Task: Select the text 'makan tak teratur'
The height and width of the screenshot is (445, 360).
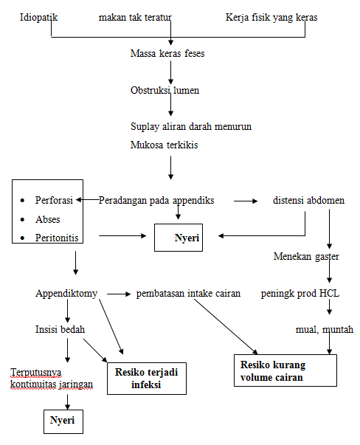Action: [132, 16]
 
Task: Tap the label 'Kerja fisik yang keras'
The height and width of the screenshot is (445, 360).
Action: [271, 16]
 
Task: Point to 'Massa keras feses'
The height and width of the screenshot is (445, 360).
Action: [167, 54]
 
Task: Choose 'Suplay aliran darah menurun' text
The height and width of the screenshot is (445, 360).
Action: [190, 126]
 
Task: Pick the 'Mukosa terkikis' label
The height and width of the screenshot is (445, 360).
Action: [163, 145]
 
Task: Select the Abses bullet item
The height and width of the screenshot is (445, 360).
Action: [48, 219]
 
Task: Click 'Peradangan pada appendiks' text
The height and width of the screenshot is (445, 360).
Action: [156, 200]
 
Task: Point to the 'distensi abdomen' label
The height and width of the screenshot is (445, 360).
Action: [308, 200]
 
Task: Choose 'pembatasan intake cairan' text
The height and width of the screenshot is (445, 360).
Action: [188, 293]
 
